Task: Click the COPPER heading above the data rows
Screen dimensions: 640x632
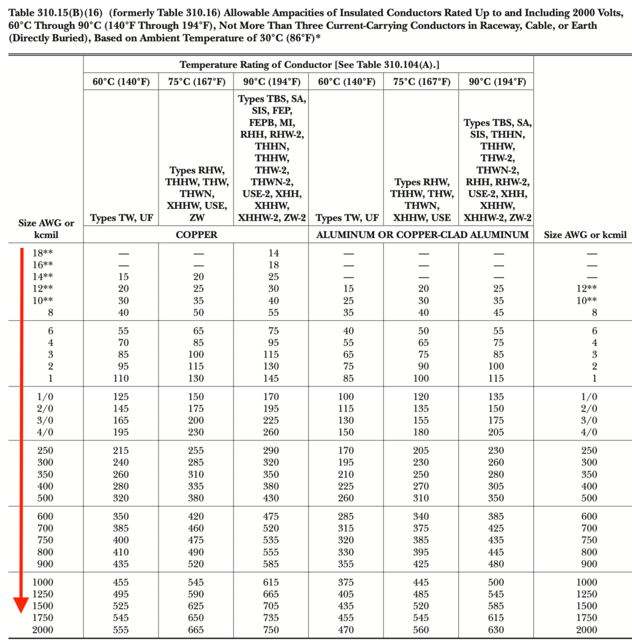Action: click(x=196, y=235)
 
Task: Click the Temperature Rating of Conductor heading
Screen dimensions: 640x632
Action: click(x=309, y=65)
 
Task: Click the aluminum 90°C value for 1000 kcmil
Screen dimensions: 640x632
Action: click(x=496, y=582)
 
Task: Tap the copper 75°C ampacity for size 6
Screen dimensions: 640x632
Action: click(x=196, y=331)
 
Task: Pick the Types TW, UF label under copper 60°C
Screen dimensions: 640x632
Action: click(x=121, y=217)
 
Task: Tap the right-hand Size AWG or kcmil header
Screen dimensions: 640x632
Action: click(x=581, y=235)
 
